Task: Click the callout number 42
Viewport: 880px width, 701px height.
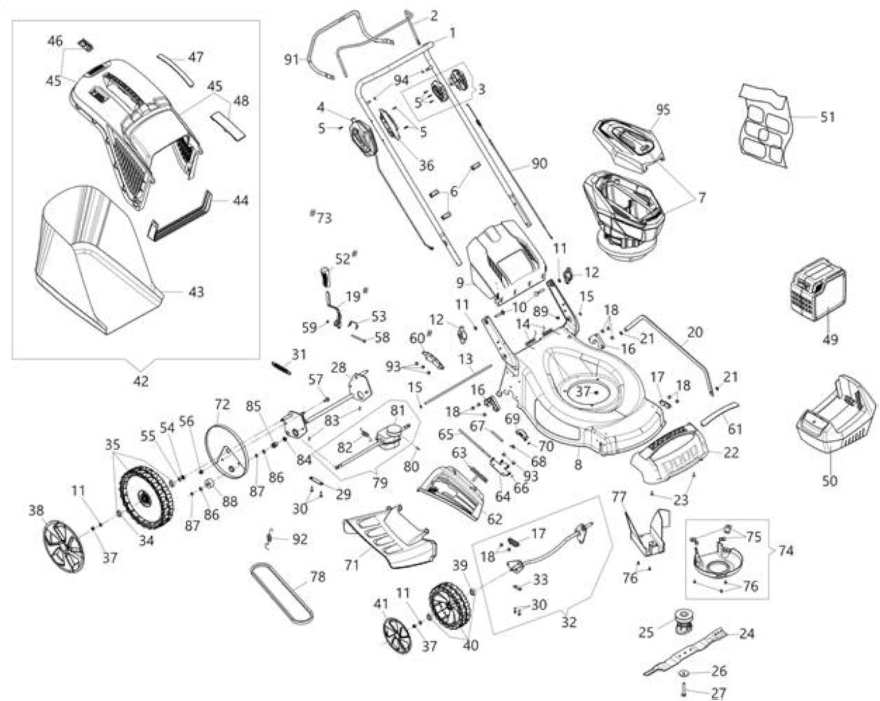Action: (x=141, y=381)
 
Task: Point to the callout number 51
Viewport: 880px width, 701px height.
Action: (x=828, y=118)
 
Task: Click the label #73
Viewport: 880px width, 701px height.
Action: (x=320, y=217)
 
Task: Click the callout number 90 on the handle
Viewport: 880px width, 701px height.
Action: (x=539, y=164)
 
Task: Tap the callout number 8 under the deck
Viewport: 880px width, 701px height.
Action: (x=578, y=465)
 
